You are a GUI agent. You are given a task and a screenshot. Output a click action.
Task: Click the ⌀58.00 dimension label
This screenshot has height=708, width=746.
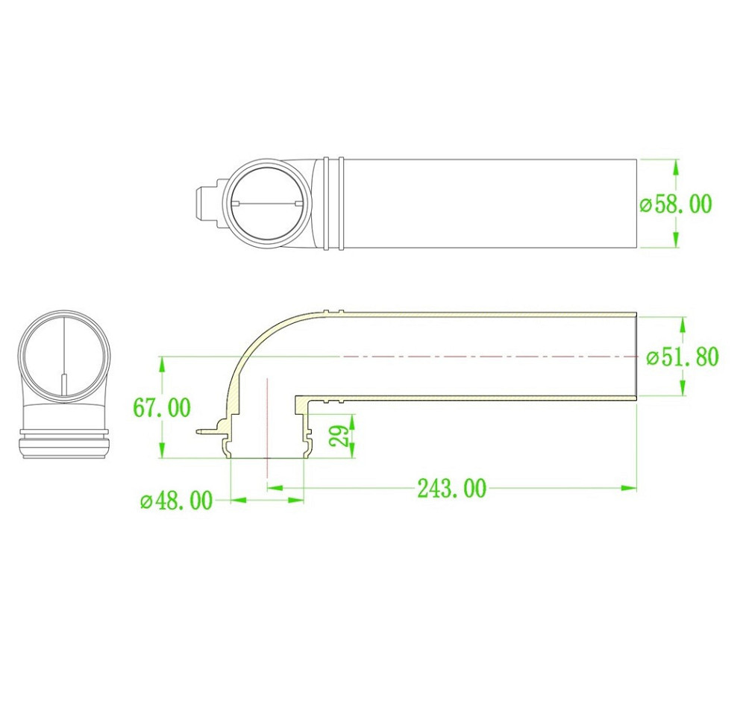pos(676,204)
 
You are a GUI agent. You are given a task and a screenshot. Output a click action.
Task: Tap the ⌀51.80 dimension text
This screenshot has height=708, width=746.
pos(683,357)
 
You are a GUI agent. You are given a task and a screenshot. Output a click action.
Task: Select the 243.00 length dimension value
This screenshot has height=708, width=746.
pos(452,488)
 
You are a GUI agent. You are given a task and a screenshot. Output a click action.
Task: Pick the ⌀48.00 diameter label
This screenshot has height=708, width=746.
pos(177,501)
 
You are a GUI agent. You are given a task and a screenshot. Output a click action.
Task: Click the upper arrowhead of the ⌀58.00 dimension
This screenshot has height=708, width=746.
pos(676,168)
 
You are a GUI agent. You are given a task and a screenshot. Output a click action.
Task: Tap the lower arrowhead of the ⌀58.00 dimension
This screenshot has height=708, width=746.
pos(676,239)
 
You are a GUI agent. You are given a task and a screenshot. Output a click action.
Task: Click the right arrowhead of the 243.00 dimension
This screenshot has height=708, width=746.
pos(628,487)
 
